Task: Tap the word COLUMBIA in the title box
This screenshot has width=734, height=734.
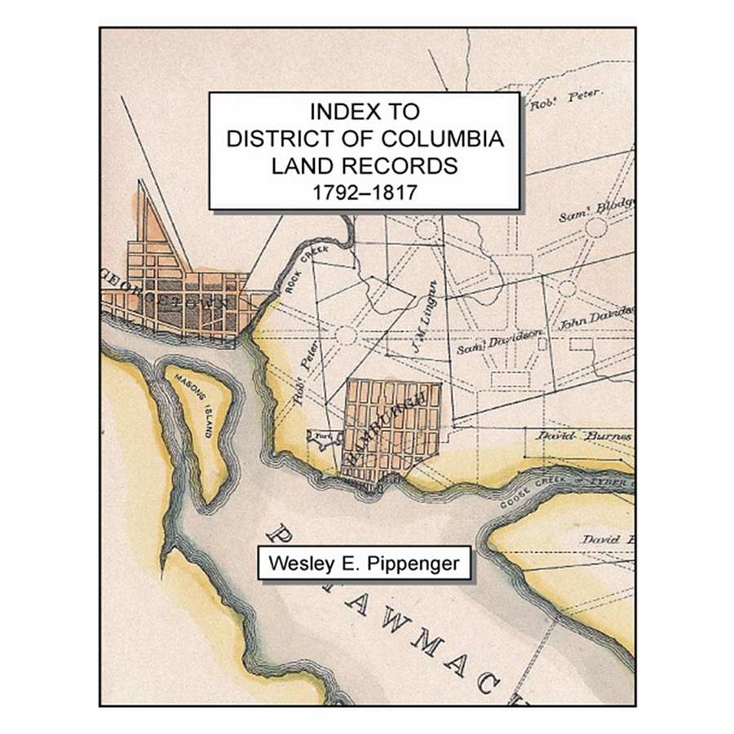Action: click(440, 139)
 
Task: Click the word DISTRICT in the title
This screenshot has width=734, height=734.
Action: click(282, 139)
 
